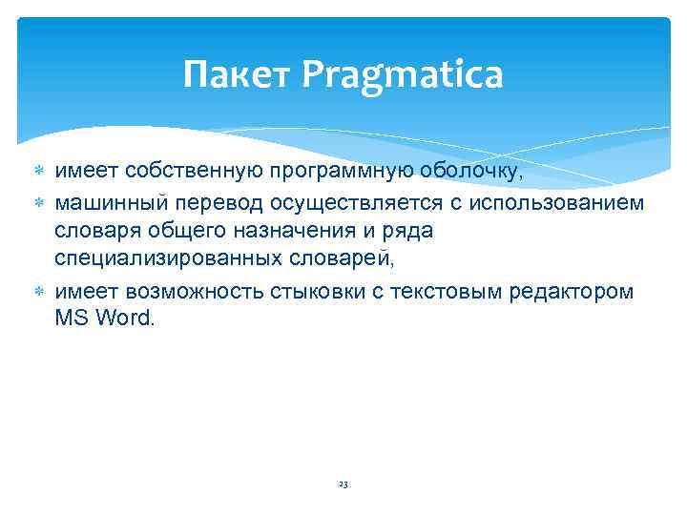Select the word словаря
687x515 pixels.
pyautogui.click(x=94, y=231)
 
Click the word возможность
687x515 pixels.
pyautogui.click(x=183, y=290)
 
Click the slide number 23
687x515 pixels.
pyautogui.click(x=343, y=484)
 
